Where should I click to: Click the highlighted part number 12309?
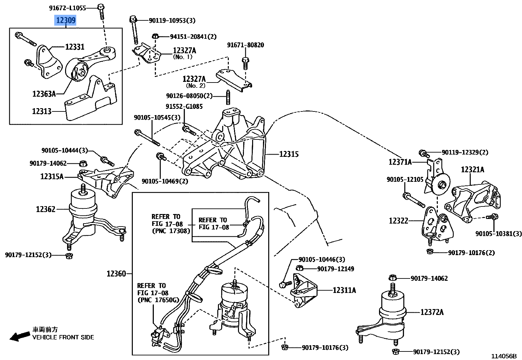tap(66, 20)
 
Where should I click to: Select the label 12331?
tap(75, 47)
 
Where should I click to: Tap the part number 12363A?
tap(44, 94)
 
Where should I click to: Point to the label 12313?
tap(42, 111)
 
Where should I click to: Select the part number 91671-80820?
tap(245, 45)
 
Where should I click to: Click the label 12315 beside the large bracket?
tap(289, 154)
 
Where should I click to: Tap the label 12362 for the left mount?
tap(46, 209)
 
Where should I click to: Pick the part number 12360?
tap(116, 274)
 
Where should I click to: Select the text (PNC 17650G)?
tap(158, 300)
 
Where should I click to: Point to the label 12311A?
tap(344, 290)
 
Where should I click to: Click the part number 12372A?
tap(432, 312)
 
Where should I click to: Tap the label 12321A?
tap(472, 170)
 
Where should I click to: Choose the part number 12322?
tap(398, 221)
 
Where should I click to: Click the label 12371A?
tap(400, 162)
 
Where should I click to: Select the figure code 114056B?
tap(504, 356)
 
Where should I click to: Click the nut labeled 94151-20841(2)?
tap(156, 36)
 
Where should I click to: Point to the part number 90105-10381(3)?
tap(498, 233)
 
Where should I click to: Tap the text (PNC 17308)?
tap(171, 231)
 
